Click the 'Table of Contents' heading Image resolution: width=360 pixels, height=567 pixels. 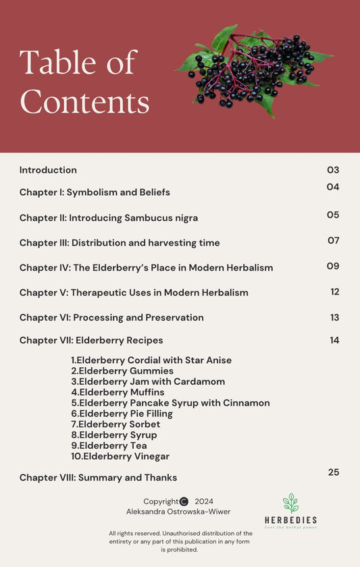coord(84,82)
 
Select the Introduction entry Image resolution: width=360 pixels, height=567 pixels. coord(48,170)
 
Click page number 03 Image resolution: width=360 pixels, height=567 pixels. coord(333,170)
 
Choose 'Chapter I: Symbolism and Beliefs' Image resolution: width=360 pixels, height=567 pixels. coord(95,192)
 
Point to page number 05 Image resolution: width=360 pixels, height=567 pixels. coord(333,215)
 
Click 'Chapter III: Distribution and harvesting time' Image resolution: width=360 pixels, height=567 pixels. coord(120,243)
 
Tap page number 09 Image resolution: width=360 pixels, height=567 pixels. coord(333,266)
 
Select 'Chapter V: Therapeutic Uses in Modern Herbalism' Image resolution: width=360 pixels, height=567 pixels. coord(134,292)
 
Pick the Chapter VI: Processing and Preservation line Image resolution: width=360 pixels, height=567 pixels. coord(111,317)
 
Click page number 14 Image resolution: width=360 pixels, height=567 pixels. coord(334,340)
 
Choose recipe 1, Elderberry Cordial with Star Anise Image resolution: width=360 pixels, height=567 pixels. coord(151,360)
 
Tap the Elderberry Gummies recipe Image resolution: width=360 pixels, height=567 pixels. coord(122,371)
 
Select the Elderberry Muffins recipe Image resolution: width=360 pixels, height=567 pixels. coord(118,392)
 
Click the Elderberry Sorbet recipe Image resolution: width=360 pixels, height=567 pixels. coord(115,425)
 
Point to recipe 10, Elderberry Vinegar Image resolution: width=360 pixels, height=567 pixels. coord(120,456)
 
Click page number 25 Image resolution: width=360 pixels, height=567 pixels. coord(334,473)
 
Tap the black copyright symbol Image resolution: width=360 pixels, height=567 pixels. coord(184,502)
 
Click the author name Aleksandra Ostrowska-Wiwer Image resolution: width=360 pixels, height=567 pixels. coord(178,512)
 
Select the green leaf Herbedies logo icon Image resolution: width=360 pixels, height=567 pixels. coord(290,504)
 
